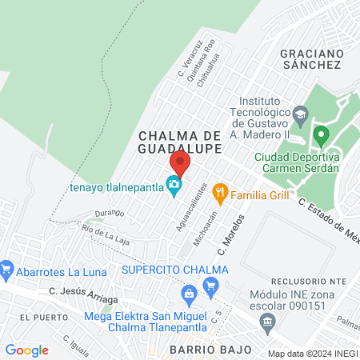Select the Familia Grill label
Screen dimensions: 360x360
point(259,194)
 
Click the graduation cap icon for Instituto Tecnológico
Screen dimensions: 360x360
point(300,113)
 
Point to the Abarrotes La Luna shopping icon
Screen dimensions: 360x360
point(7,266)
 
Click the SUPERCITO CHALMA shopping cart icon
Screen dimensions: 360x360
point(211,286)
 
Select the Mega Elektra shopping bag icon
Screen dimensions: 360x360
point(190,294)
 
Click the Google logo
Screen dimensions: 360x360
point(26,350)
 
